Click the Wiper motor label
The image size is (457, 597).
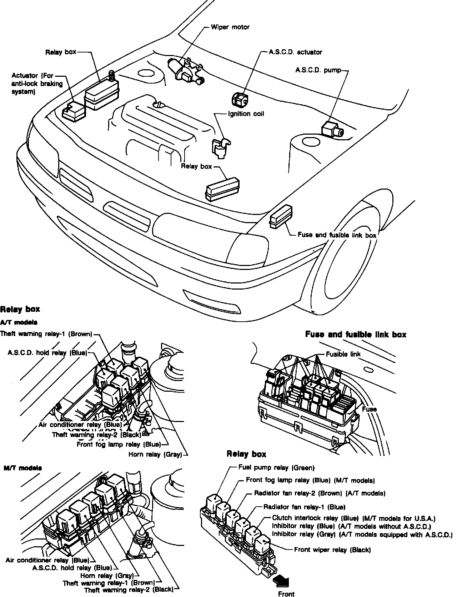pyautogui.click(x=230, y=27)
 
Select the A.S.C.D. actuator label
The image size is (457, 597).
pyautogui.click(x=295, y=52)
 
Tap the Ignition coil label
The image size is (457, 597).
pyautogui.click(x=246, y=114)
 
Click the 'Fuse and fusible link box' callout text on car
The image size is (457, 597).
pyautogui.click(x=337, y=235)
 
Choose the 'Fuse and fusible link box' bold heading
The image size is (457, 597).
pyautogui.click(x=356, y=335)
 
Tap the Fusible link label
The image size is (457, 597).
pyautogui.click(x=343, y=354)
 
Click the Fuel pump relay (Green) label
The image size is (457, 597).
pyautogui.click(x=276, y=468)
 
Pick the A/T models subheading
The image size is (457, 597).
pyautogui.click(x=19, y=322)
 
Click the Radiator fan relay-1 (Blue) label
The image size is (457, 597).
pyautogui.click(x=304, y=507)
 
